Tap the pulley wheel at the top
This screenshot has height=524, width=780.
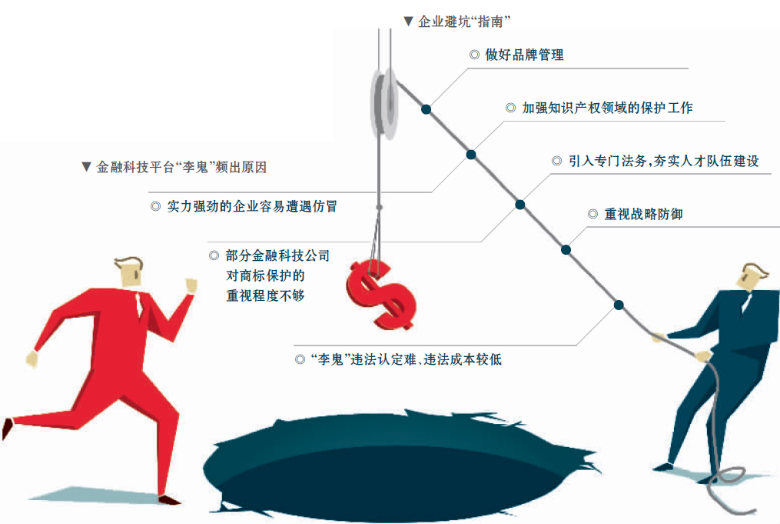tap(384, 104)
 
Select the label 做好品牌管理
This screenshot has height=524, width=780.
tap(524, 55)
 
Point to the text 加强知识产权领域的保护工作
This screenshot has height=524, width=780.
tap(607, 108)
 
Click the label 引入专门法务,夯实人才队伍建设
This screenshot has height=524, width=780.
tap(664, 161)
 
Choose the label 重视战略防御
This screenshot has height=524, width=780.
tap(643, 214)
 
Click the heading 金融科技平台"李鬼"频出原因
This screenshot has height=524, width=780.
tap(181, 167)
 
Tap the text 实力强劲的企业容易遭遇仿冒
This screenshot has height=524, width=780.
tap(252, 206)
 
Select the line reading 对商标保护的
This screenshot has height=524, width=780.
tap(265, 275)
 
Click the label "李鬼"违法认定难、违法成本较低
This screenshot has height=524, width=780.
tap(406, 359)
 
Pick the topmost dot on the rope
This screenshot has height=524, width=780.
tap(426, 109)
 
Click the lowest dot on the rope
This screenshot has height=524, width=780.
tap(619, 305)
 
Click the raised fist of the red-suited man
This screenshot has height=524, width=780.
tap(191, 285)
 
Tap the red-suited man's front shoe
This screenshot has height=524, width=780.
tap(169, 499)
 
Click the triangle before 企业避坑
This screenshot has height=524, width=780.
tap(408, 22)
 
